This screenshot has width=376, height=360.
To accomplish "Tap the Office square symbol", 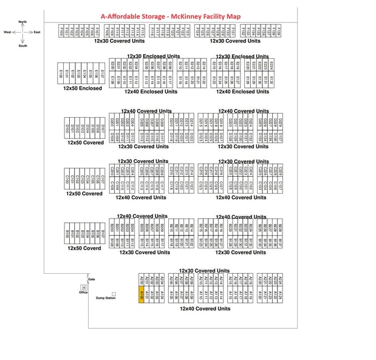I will [x=83, y=287].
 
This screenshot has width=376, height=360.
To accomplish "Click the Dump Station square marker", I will [x=114, y=293].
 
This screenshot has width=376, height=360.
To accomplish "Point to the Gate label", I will [x=91, y=279].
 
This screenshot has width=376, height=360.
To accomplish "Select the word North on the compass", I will [x=22, y=22].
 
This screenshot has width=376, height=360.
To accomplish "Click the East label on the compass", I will [x=37, y=32].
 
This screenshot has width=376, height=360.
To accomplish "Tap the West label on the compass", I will [x=7, y=32].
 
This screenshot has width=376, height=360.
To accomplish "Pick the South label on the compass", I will [x=22, y=46].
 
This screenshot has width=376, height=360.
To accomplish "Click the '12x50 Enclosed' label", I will [x=83, y=89].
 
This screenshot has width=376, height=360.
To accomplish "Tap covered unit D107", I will [x=104, y=129].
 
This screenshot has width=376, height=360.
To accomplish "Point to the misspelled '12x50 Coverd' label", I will [x=84, y=248].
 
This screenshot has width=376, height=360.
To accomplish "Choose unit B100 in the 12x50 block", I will [x=67, y=233].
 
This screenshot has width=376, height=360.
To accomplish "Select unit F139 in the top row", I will [x=279, y=30].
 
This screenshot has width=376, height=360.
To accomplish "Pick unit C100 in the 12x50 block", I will [x=67, y=180].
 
